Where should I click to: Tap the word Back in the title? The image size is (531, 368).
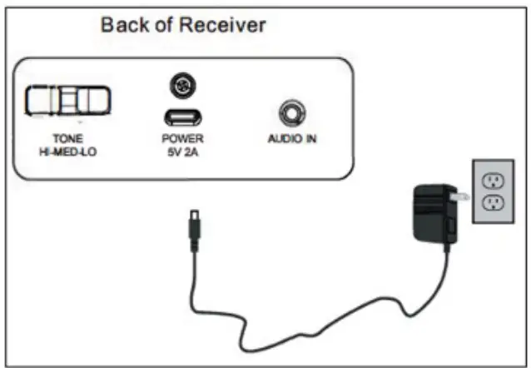tap(122, 25)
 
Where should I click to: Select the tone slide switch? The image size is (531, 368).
tap(67, 101)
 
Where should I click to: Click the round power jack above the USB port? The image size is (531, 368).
tap(178, 85)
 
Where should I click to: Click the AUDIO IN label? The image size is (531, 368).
tap(291, 139)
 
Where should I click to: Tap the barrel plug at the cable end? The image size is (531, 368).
tap(194, 226)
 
